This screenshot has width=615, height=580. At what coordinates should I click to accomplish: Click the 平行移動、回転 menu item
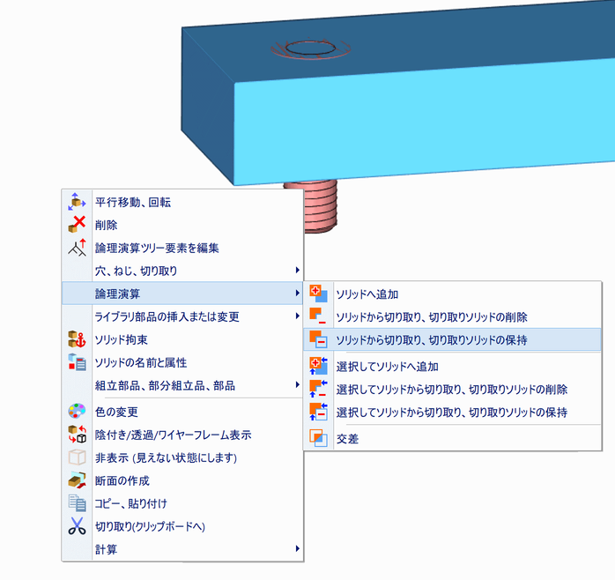132,202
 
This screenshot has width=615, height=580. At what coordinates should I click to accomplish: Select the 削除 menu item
106,225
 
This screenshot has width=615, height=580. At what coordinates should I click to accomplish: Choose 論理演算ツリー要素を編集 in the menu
157,248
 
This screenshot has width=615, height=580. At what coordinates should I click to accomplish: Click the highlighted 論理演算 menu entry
118,293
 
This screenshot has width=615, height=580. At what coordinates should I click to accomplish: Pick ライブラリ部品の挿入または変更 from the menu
167,316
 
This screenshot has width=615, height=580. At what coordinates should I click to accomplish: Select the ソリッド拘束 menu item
122,338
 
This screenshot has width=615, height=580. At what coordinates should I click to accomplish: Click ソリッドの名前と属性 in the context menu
140,361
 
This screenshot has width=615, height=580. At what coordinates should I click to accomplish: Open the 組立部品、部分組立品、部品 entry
165,384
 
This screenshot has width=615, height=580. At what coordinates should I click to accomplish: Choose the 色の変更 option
115,412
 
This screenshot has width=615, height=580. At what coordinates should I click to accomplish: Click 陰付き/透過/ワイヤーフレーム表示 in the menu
172,435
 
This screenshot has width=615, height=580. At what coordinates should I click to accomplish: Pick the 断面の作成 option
122,480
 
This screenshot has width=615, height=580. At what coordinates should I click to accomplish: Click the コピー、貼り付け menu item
130,503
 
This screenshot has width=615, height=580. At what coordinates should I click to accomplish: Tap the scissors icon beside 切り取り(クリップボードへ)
77,526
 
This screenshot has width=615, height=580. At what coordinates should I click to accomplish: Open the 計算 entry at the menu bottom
106,549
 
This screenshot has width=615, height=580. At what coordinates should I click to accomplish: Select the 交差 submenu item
347,438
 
